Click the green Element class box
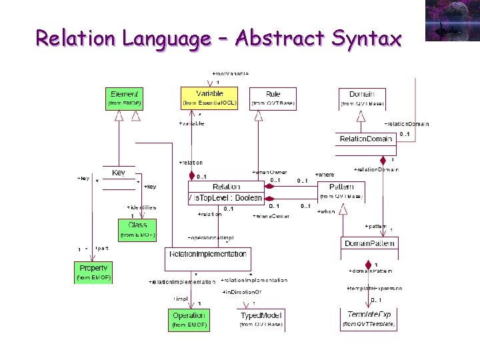(x=125, y=99)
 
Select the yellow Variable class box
(x=209, y=98)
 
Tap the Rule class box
(x=273, y=99)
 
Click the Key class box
(x=119, y=173)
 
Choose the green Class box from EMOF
(x=137, y=229)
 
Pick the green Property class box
(x=93, y=271)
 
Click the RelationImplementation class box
(x=208, y=254)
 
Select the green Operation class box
(x=189, y=319)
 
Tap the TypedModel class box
(x=261, y=319)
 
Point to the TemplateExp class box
(x=369, y=319)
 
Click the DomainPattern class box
(x=369, y=244)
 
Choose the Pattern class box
(x=341, y=191)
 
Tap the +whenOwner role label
(x=269, y=173)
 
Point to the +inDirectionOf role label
(x=241, y=293)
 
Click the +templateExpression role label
(x=374, y=288)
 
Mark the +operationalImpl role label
(x=210, y=237)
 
